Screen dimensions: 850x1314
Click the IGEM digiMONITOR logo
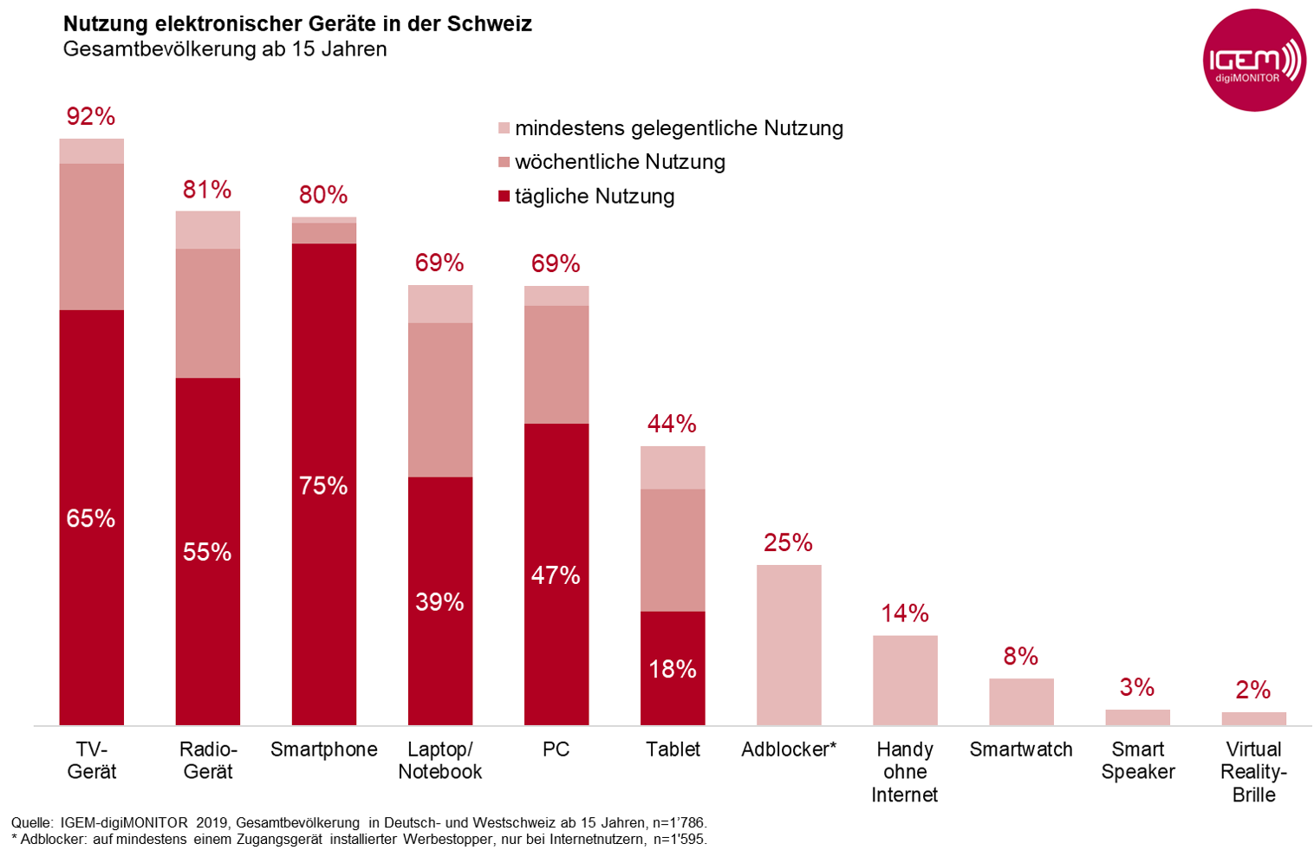point(1254,61)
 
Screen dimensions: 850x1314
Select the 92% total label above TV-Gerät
point(91,116)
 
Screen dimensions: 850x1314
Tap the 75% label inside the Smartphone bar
point(323,485)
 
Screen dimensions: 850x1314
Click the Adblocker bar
point(789,645)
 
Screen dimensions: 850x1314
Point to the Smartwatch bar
point(1021,702)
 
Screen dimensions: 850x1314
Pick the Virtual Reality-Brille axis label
point(1253,771)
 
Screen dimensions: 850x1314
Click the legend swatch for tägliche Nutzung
point(504,197)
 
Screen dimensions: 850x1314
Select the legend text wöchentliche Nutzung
point(620,162)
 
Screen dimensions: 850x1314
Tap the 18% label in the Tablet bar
point(673,669)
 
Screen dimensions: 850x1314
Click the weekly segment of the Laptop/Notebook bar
point(440,399)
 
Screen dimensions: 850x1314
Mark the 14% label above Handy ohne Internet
point(905,613)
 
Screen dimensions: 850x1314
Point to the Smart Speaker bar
point(1137,717)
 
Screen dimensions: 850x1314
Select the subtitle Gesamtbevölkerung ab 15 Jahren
point(224,49)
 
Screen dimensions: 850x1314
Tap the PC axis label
point(556,749)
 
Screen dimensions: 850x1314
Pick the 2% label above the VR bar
point(1253,690)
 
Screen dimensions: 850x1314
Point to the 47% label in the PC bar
point(556,575)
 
